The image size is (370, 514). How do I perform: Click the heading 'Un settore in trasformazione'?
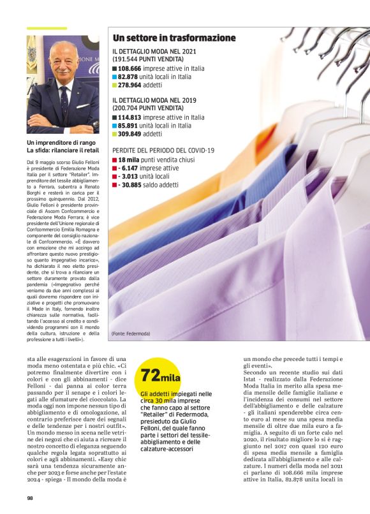point(174,38)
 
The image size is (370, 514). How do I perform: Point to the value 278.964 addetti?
point(130,85)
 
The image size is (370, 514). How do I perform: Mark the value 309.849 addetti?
point(130,135)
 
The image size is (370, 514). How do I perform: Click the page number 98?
point(30,498)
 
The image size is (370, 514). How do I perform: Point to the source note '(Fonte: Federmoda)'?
point(131,334)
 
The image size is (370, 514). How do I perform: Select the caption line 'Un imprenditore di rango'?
point(56,142)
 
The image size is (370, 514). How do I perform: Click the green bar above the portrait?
point(46,29)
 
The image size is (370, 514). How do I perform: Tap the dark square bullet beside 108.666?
point(114,68)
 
